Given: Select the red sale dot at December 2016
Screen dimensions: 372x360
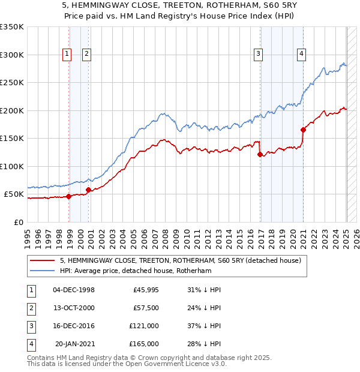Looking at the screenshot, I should [260, 155].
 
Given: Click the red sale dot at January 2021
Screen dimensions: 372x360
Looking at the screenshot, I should [303, 130].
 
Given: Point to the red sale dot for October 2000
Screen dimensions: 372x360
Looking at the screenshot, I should [88, 190].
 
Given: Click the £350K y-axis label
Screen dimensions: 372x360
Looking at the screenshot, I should [12, 27].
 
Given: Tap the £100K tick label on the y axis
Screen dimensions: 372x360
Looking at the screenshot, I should [12, 166].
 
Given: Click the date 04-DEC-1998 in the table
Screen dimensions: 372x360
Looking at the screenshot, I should [74, 290].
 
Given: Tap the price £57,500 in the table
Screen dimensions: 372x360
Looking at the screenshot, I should [146, 308].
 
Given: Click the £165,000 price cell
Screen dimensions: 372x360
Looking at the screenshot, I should [144, 344].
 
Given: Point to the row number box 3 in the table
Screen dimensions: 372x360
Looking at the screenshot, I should [31, 326].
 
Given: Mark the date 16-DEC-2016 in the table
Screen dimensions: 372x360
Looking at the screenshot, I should [74, 326].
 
